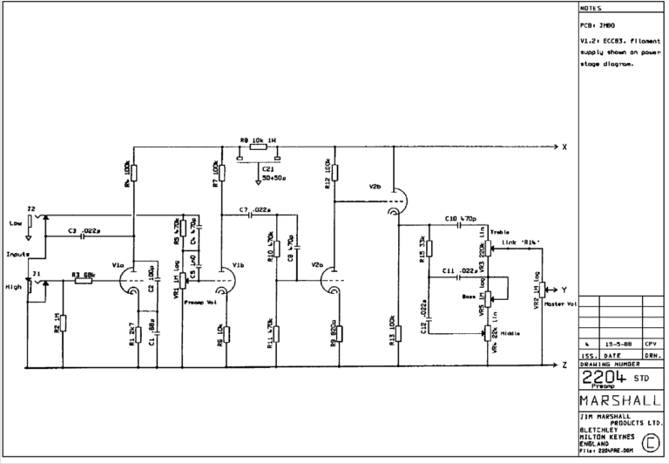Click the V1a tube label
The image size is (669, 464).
[118, 265]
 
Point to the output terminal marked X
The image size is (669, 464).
[564, 146]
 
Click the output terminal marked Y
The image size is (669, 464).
[564, 288]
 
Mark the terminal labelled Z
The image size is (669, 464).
[564, 365]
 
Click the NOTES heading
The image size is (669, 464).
[591, 9]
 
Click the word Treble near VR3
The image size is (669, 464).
[501, 231]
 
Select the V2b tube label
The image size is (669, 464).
[375, 186]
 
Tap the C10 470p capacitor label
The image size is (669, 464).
[459, 217]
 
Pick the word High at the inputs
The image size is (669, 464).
[15, 284]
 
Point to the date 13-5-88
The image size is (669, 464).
[618, 345]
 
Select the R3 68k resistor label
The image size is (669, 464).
[83, 275]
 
